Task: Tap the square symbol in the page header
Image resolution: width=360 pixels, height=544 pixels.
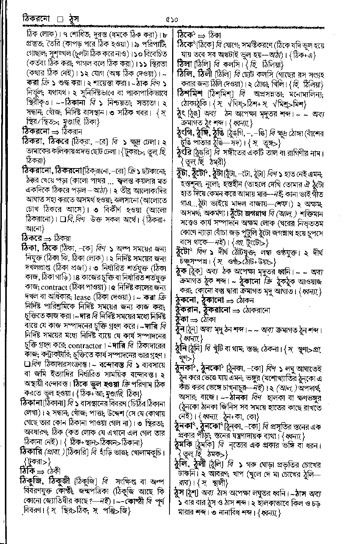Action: pos(60,19)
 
